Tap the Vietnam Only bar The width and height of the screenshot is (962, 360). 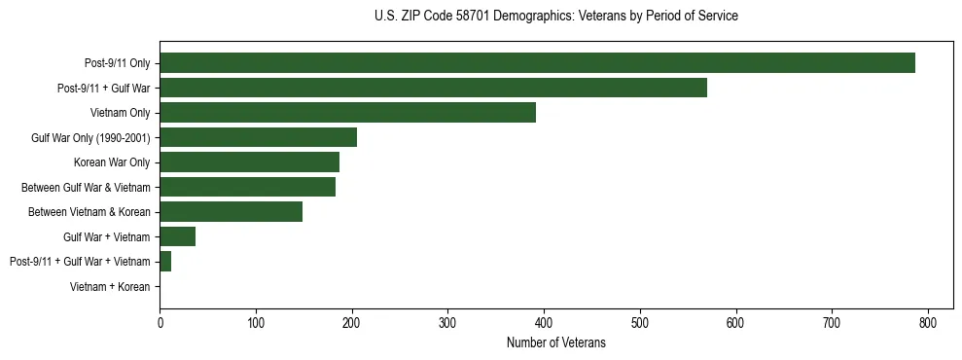347,113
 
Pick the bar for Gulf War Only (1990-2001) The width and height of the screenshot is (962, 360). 258,137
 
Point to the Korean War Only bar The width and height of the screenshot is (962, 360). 249,162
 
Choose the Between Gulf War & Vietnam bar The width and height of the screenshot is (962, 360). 247,187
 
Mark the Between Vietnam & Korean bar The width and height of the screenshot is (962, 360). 231,211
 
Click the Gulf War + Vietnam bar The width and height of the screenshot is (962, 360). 177,236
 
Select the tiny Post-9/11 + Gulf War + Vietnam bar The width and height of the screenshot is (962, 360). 165,261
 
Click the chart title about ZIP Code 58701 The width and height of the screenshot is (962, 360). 555,17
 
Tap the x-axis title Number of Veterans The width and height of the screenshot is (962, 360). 555,343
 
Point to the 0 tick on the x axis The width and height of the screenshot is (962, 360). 160,322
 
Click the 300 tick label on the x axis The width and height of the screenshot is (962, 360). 447,322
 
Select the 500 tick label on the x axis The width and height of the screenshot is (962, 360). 640,322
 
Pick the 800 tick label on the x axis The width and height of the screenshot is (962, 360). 928,322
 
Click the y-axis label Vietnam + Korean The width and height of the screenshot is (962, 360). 110,286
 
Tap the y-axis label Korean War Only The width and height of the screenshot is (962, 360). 112,162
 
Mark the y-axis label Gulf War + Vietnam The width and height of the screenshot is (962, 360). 106,236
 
